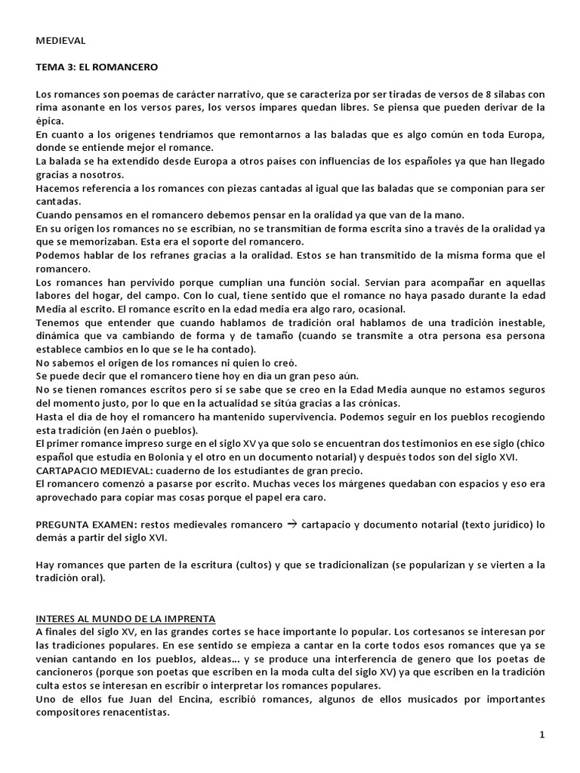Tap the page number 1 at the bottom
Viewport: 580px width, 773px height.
(542, 735)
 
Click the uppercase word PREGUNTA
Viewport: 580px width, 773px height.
(63, 525)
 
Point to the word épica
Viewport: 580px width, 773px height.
(50, 121)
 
